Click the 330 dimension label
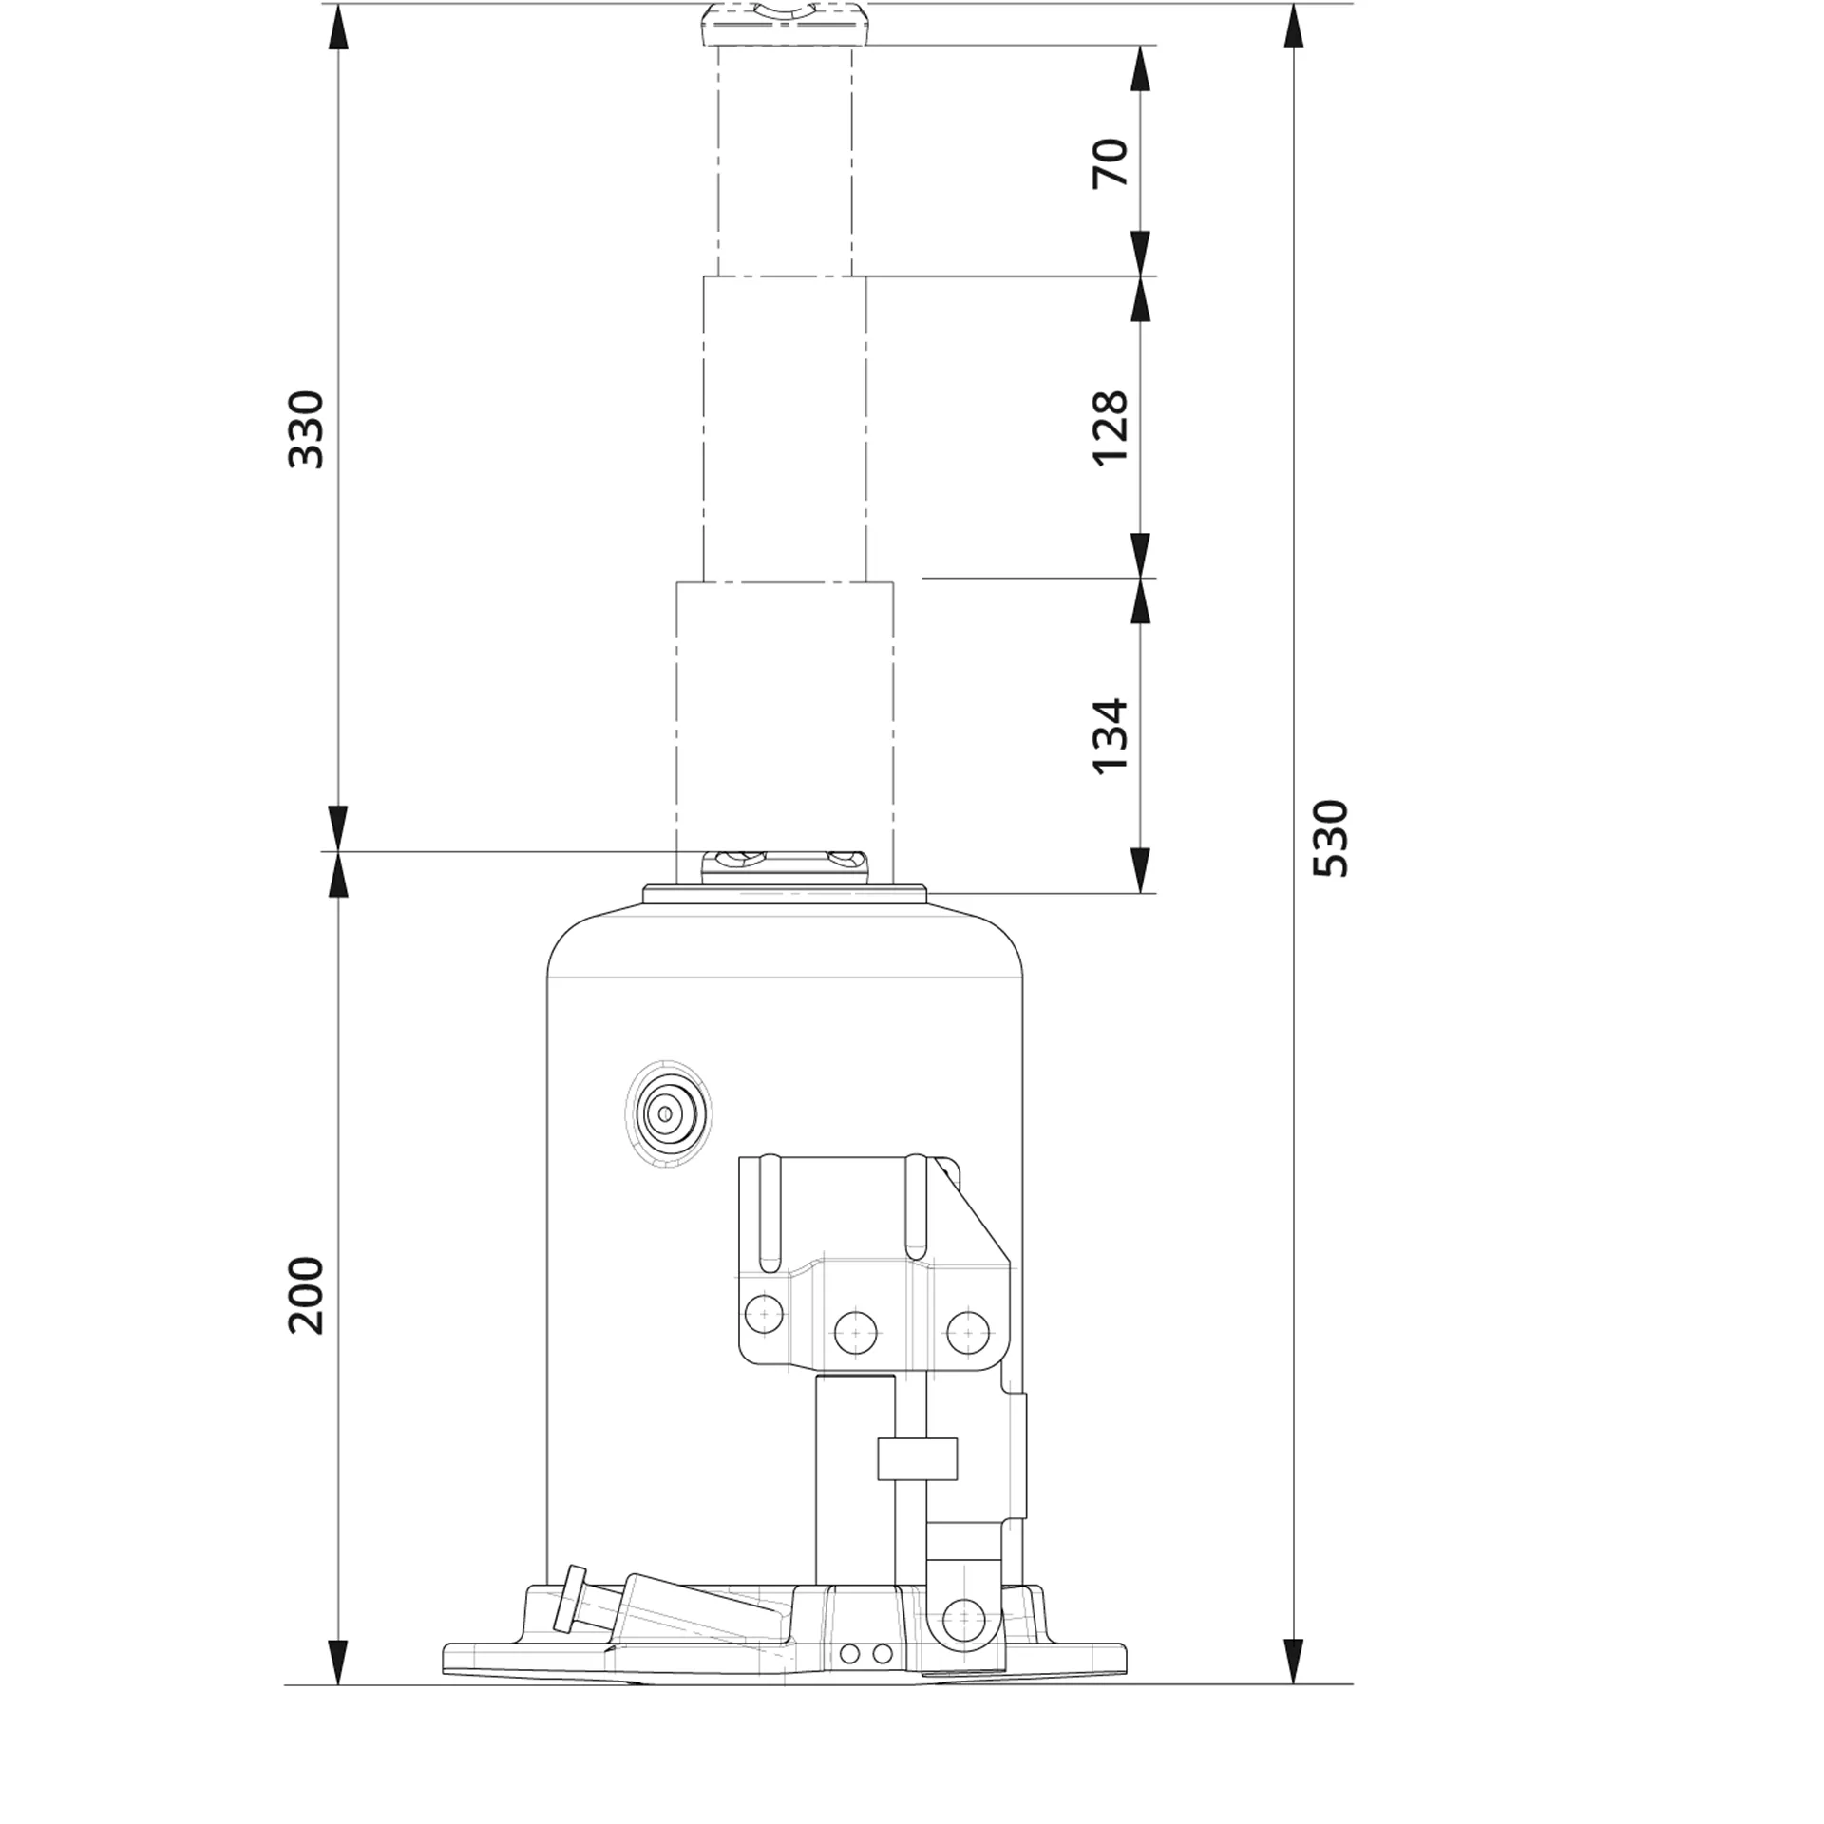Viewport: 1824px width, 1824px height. [306, 428]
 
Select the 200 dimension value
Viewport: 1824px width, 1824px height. [306, 1296]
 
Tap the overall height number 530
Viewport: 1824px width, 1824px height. [1330, 838]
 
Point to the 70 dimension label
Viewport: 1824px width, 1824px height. [1111, 162]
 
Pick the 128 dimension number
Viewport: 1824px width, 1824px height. [1111, 427]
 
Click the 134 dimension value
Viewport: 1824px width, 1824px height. [1111, 737]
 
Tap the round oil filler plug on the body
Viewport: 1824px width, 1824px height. [668, 1113]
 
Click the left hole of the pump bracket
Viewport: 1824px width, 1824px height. [764, 1315]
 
